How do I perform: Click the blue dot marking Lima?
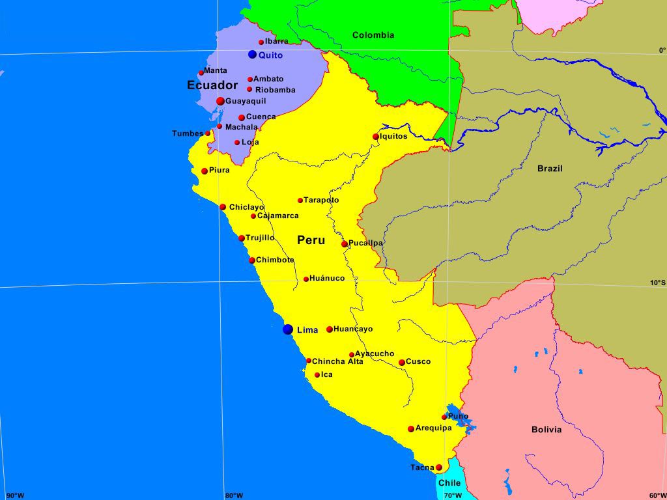point(288,329)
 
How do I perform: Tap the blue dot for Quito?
point(253,55)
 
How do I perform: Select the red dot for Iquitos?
point(376,137)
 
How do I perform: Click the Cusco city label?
point(418,361)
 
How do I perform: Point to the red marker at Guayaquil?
point(220,101)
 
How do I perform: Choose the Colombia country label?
point(373,35)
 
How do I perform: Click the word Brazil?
point(550,169)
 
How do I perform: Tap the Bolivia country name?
point(546,430)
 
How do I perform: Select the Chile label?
point(449,483)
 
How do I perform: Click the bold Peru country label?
point(311,240)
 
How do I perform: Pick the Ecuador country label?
point(212,85)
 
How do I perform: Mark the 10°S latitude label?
point(658,283)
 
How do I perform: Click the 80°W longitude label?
point(234,495)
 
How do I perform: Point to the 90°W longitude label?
point(15,495)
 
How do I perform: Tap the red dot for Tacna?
point(439,467)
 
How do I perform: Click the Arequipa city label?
point(433,428)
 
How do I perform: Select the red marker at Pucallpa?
point(345,244)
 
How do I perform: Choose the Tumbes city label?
point(188,133)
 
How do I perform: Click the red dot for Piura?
point(205,171)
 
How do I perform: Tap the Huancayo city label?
point(353,329)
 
